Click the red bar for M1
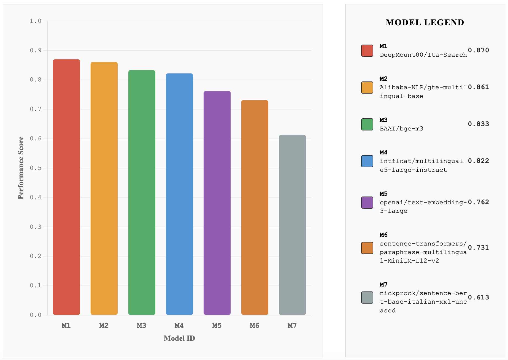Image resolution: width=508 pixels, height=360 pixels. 66,187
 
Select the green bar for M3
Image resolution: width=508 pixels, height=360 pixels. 142,193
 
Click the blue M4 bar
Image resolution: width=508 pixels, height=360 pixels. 179,194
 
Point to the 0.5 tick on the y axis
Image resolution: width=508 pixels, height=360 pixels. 36,168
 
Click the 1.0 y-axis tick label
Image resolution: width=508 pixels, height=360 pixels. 36,21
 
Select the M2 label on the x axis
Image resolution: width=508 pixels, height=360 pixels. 104,326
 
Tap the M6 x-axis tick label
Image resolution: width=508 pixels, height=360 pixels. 255,326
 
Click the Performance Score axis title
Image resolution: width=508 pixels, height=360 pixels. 21,168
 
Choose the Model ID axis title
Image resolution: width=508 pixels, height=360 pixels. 179,338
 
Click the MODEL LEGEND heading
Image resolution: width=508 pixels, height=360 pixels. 425,23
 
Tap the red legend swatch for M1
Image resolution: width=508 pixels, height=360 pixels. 367,51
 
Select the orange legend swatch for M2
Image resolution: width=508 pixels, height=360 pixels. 367,88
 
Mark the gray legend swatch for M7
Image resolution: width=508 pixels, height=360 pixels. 367,298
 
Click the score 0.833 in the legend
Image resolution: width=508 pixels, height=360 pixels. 478,124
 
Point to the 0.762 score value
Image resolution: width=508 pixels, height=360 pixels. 478,202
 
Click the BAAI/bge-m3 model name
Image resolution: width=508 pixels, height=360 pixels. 401,129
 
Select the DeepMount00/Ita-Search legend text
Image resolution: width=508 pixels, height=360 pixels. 423,55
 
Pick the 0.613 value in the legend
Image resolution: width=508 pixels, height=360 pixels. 478,297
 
